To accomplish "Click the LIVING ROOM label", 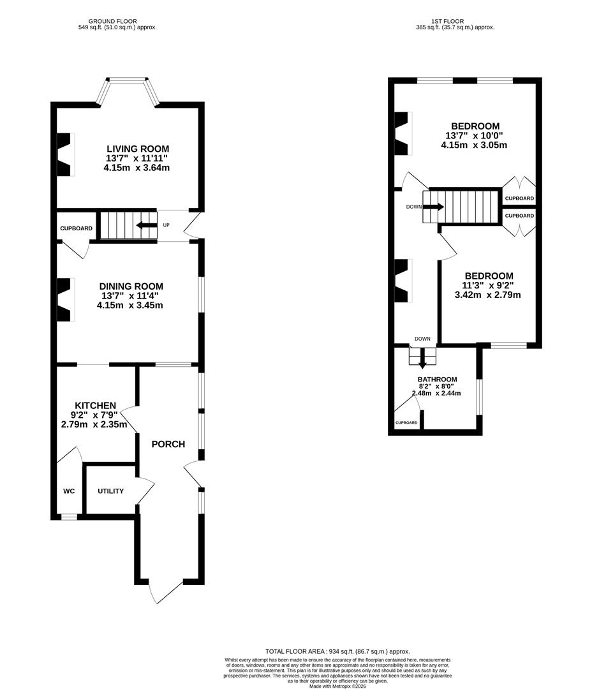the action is tap(138, 149).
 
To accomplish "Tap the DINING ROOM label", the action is tap(131, 286).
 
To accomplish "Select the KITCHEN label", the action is tap(95, 406).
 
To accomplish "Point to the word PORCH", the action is tap(168, 444).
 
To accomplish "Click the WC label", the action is tap(69, 491).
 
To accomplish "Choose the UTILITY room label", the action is tap(111, 491).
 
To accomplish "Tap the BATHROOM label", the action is tap(437, 379).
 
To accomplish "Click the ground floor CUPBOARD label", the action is tap(77, 228).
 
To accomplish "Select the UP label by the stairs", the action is tap(166, 225).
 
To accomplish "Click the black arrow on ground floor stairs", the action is tap(147, 225).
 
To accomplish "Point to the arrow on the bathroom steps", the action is tap(422, 359).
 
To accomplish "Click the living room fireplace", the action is tap(64, 154).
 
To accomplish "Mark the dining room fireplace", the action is tap(64, 300).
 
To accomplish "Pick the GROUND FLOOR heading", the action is tap(112, 21).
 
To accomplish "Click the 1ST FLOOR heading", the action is tap(447, 21).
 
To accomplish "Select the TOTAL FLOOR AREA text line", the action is tap(337, 651).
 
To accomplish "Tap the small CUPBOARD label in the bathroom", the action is tap(406, 423).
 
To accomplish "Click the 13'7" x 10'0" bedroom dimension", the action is tap(474, 136).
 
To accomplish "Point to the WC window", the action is tap(69, 517).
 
